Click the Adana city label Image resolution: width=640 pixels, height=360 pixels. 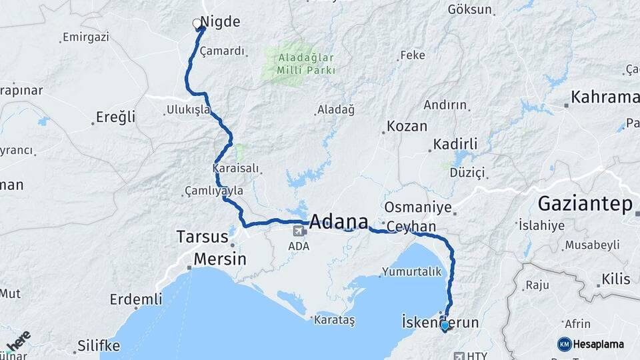point(339,222)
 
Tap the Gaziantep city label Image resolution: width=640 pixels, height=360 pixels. point(585,203)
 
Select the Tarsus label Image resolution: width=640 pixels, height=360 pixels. point(202,237)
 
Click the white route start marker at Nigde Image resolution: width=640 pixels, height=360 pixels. point(197,24)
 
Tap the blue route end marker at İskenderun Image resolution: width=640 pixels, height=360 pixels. point(445,325)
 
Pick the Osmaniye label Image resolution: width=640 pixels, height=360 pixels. point(418,207)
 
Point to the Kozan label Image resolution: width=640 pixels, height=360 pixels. point(407,126)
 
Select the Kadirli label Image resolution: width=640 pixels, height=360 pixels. point(455,145)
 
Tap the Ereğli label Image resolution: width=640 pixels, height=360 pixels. point(115,117)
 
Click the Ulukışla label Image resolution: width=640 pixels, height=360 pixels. point(189,109)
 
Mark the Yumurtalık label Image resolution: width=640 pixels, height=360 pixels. point(411,272)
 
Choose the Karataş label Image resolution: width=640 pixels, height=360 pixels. point(335,320)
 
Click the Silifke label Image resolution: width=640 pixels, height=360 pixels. point(99,345)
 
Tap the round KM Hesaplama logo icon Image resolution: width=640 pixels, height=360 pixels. point(564,344)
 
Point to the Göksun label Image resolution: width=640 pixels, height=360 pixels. point(470,10)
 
